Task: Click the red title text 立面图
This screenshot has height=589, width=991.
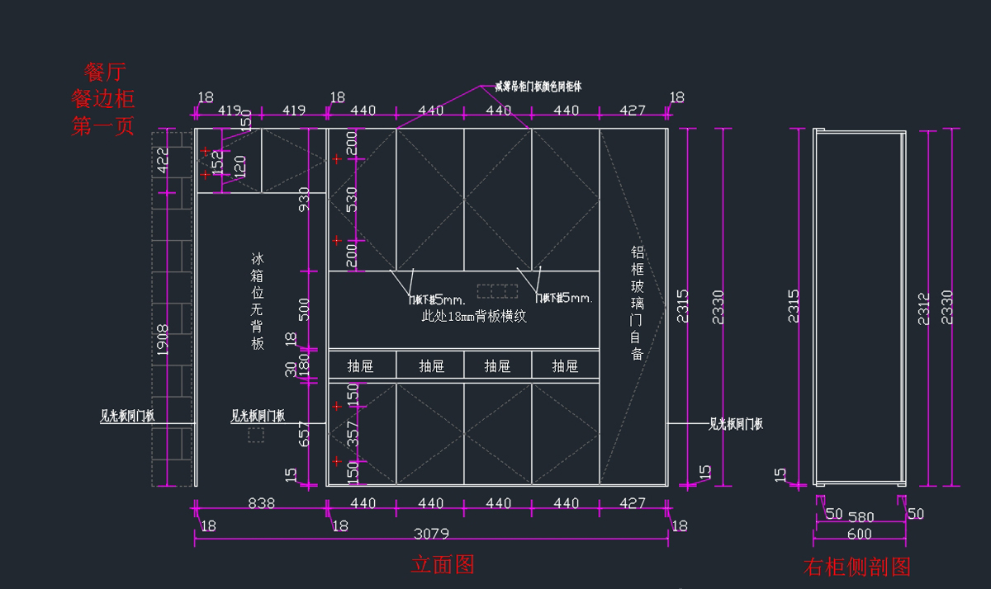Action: tap(443, 564)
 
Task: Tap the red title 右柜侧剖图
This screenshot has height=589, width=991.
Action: tap(856, 567)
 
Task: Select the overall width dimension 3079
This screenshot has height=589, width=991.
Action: tap(430, 534)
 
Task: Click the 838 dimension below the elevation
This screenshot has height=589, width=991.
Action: tap(261, 503)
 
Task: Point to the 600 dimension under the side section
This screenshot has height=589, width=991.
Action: tap(858, 535)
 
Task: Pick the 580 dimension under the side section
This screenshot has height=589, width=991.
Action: tap(861, 516)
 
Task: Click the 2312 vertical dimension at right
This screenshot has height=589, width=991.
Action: tap(924, 309)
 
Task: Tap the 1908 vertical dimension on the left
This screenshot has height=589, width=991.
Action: tap(162, 340)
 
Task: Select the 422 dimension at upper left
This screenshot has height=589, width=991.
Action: tap(162, 160)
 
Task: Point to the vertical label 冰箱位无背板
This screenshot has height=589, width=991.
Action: tap(258, 302)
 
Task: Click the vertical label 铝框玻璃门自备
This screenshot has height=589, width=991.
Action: tap(637, 303)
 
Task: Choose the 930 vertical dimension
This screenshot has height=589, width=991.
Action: tap(304, 200)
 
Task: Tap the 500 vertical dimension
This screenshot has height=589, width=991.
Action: tap(304, 310)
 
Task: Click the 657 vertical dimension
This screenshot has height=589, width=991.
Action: tap(304, 435)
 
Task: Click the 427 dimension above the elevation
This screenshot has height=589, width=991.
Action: tap(633, 110)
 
